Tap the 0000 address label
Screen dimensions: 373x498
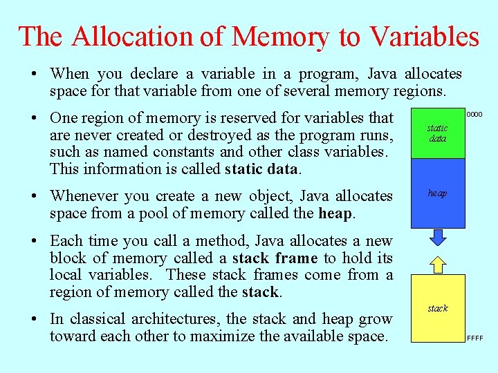474,114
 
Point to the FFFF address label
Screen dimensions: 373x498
474,338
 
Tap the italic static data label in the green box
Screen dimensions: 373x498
437,133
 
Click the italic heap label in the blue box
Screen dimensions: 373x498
437,193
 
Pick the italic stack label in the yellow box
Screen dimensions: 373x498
437,308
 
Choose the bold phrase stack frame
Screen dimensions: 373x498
275,258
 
